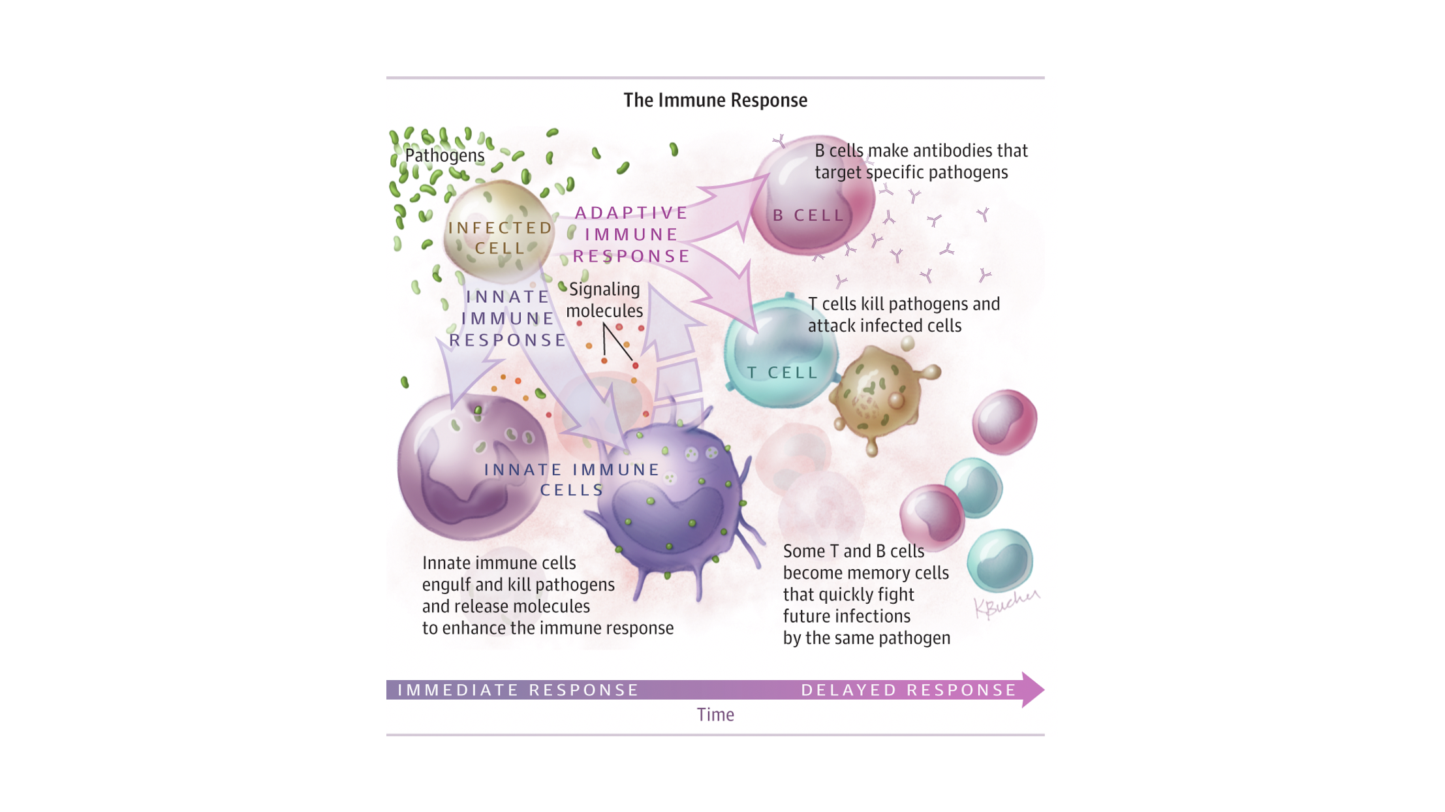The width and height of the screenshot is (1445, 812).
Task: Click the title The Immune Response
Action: coord(715,101)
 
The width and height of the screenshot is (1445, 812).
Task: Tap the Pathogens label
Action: coord(444,155)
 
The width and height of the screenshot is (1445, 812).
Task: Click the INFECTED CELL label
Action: coord(500,238)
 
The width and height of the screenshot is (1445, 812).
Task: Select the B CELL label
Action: coord(808,215)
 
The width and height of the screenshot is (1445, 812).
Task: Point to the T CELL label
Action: coord(782,373)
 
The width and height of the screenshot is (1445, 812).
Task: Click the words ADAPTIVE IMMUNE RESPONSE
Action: coord(631,234)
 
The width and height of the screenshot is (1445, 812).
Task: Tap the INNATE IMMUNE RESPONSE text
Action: coord(508,319)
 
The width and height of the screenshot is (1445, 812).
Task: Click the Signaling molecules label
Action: coord(604,300)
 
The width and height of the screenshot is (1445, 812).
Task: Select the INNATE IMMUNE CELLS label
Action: coord(572,479)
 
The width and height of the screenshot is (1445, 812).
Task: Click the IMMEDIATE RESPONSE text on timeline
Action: coord(518,690)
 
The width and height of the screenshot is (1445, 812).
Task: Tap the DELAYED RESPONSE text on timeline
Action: coord(909,690)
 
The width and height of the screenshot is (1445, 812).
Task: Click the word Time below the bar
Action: coord(715,715)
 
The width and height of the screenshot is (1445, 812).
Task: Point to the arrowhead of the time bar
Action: coord(1033,690)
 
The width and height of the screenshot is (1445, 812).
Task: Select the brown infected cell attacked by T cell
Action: coord(878,395)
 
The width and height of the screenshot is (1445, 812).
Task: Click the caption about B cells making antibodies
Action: coord(920,161)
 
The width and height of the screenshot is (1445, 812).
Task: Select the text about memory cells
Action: coord(866,594)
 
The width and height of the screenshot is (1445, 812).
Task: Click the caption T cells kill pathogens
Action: coord(903,315)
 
